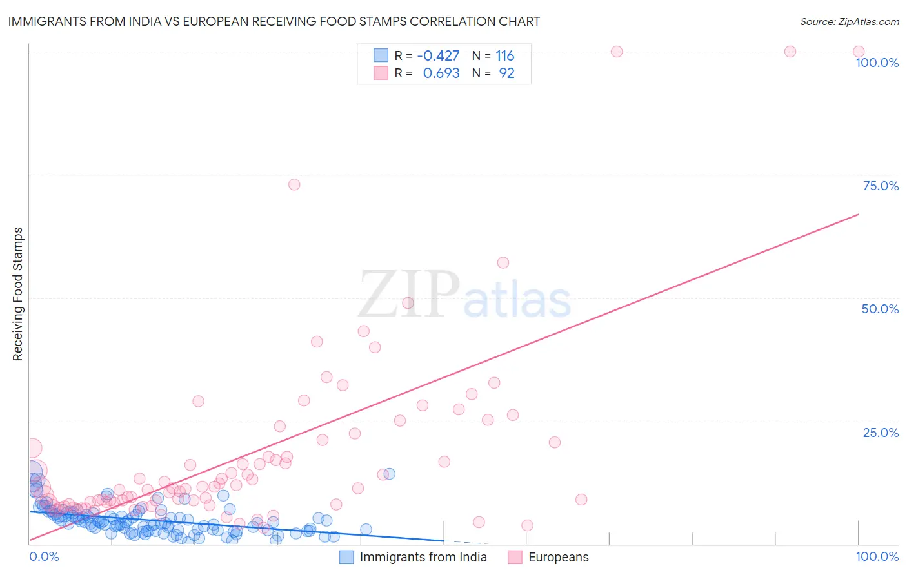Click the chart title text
274,21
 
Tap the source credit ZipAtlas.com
849,21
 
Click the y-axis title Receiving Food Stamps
17,294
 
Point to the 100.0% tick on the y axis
877,63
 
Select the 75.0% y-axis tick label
881,186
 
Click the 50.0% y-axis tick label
880,309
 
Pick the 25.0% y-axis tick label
881,433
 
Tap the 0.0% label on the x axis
44,557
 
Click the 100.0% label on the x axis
877,557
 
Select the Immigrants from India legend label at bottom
423,558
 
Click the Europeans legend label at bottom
558,558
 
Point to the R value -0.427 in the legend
438,56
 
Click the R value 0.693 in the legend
441,73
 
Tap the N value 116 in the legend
504,56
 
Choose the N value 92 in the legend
506,73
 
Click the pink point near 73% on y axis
294,184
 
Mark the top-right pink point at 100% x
858,52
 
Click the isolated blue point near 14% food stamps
389,474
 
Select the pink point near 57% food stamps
503,262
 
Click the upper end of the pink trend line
858,214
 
